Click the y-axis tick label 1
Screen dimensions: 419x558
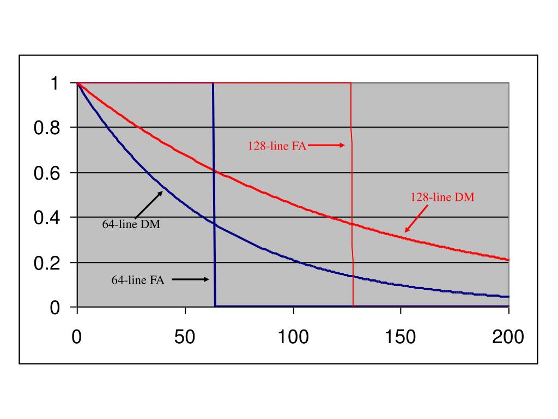[x=54, y=83]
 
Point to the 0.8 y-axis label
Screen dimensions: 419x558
[x=48, y=128]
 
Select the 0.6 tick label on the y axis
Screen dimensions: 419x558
[x=48, y=173]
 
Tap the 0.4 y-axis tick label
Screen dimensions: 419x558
[x=48, y=218]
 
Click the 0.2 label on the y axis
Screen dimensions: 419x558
[x=48, y=264]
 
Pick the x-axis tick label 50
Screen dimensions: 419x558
[x=185, y=337]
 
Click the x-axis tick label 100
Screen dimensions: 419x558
[x=293, y=337]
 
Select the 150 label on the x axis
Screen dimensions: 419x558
[x=401, y=337]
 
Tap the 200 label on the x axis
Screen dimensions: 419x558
[x=508, y=337]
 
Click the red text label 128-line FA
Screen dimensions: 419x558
[x=277, y=146]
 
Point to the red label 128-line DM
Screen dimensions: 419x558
[x=442, y=197]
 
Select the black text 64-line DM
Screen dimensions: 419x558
[x=131, y=224]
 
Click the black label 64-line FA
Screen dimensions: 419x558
[x=138, y=280]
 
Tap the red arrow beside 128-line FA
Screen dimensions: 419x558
[x=326, y=145]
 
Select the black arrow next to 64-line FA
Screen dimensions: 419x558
[x=191, y=279]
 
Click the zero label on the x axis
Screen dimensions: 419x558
[x=77, y=337]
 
